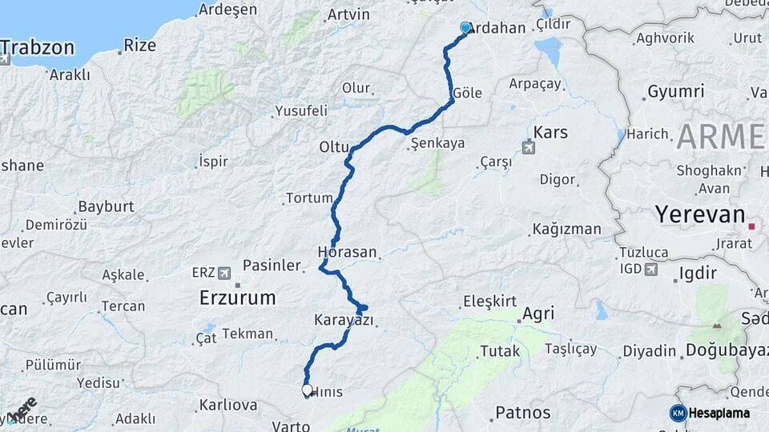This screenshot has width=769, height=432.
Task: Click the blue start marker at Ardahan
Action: click(x=465, y=28)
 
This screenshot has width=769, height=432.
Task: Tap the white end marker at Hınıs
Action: click(x=307, y=390)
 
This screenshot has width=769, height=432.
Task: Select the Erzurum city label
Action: click(x=237, y=298)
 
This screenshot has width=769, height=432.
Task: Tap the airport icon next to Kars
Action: click(x=528, y=148)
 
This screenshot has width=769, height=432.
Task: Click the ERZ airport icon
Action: click(x=224, y=272)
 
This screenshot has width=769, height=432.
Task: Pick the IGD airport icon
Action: click(x=654, y=270)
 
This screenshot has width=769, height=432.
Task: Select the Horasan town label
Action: click(x=347, y=252)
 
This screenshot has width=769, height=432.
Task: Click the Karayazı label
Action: click(x=344, y=320)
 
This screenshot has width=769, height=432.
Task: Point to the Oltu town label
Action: click(x=335, y=147)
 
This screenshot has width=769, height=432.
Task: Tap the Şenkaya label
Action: click(x=437, y=144)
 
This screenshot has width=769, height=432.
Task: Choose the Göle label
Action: click(x=468, y=93)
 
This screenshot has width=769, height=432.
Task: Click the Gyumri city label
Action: click(x=675, y=91)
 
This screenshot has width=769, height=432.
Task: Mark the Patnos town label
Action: click(x=523, y=413)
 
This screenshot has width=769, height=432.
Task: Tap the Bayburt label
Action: click(x=106, y=206)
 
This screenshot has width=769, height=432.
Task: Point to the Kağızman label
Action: click(x=567, y=230)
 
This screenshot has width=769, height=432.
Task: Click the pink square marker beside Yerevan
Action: click(x=751, y=226)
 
